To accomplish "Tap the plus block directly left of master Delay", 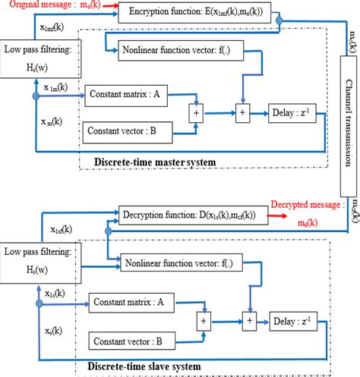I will (x=242, y=114).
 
